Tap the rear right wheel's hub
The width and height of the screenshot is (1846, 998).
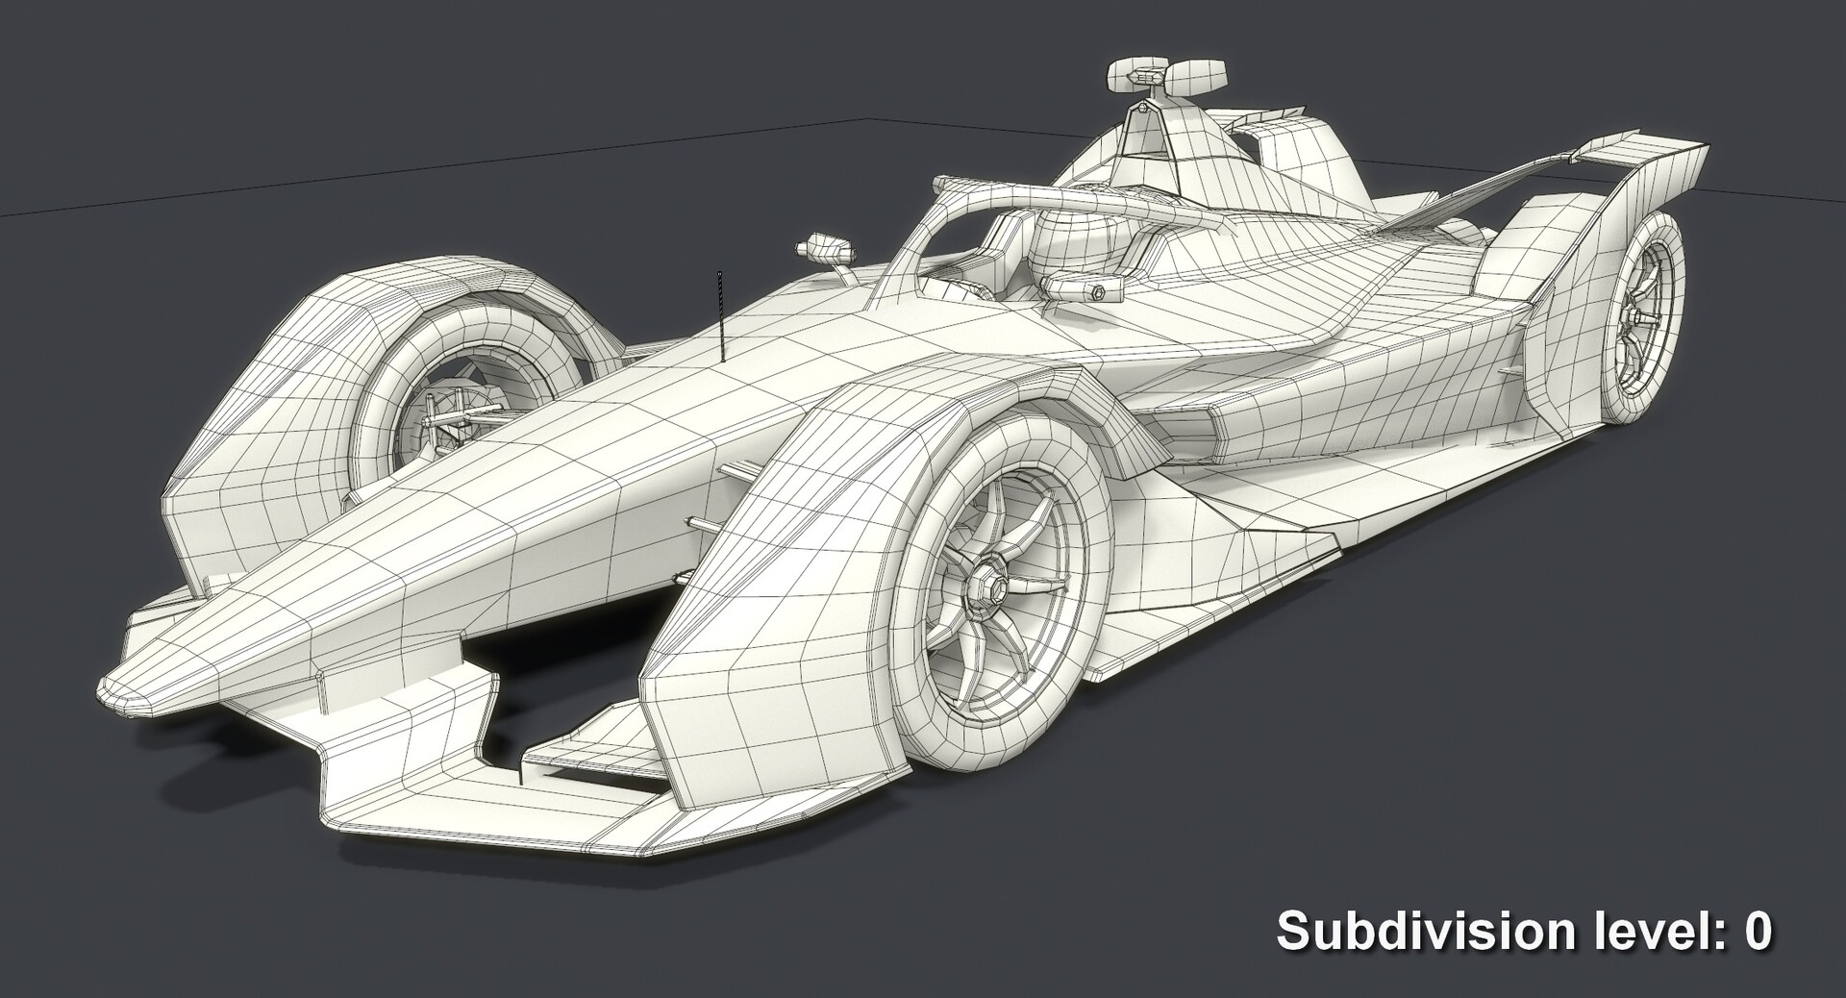point(1632,317)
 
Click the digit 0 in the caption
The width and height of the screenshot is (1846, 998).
point(1758,932)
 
